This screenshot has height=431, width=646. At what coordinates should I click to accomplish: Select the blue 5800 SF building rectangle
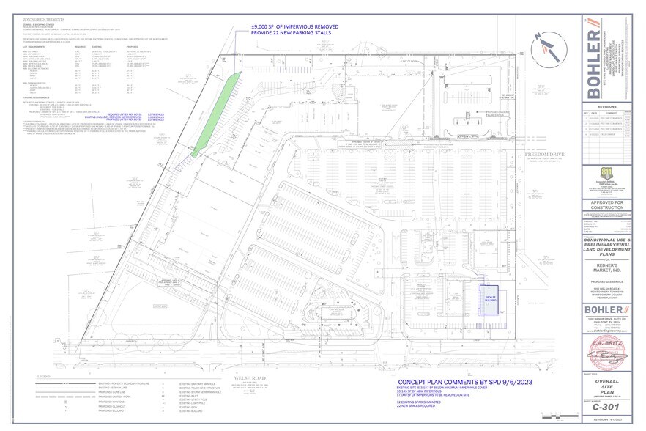point(489,300)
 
